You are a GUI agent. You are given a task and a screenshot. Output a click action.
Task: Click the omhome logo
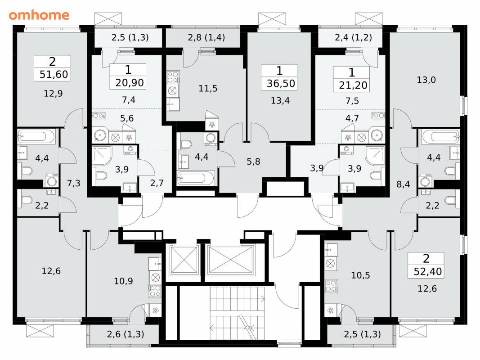[39, 15]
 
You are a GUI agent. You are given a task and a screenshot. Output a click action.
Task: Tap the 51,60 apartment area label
[54, 74]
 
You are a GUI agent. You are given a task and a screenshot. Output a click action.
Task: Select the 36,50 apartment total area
[281, 84]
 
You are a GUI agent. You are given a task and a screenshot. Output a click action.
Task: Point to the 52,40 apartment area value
[428, 271]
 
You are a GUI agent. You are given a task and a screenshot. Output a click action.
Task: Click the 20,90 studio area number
[130, 83]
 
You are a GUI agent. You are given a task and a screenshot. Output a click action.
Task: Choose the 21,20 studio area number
[353, 85]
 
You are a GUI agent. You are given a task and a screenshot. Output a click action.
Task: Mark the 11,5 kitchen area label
[208, 89]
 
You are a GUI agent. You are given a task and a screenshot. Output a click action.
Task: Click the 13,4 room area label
[280, 100]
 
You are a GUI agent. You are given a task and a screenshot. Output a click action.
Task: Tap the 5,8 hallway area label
[253, 162]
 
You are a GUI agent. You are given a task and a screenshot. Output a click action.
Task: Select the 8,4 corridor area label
[403, 184]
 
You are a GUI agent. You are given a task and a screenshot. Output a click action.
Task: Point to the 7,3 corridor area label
[73, 183]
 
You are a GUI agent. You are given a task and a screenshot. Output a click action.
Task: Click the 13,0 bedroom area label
[426, 80]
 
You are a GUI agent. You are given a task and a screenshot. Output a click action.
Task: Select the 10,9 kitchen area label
[123, 281]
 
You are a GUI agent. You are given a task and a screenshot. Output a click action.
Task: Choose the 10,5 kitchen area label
[361, 275]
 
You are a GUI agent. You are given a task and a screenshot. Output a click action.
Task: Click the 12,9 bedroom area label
[53, 93]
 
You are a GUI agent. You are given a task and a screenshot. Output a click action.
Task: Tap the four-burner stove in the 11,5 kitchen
[173, 77]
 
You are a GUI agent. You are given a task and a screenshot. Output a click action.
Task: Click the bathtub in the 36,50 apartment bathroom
[196, 178]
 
